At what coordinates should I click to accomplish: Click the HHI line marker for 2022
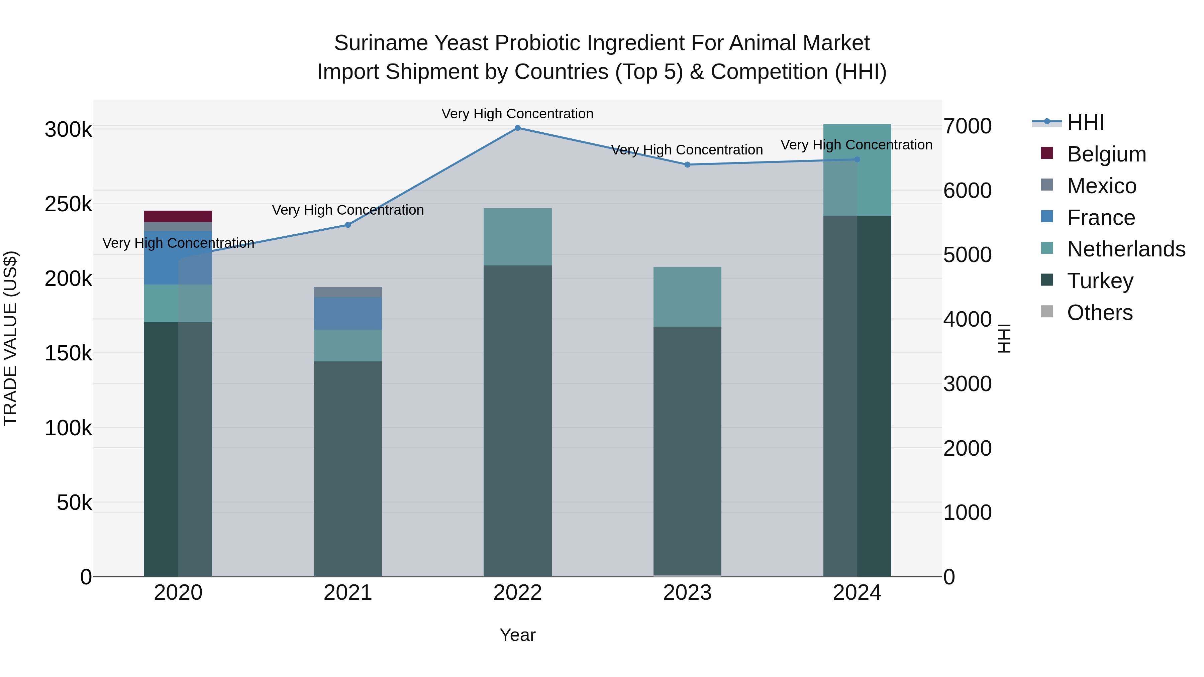click(517, 128)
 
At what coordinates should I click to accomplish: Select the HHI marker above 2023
click(687, 165)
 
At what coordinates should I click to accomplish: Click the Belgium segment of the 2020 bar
click(178, 216)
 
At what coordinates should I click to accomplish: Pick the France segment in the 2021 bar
click(348, 314)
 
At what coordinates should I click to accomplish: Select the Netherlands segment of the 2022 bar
click(517, 237)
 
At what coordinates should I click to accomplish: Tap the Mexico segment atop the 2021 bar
click(348, 292)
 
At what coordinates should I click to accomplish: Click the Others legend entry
click(1099, 313)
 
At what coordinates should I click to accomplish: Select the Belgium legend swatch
click(1047, 153)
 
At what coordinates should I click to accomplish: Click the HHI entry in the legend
click(1085, 122)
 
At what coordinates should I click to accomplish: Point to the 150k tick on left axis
click(68, 353)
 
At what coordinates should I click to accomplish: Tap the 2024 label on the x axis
click(857, 593)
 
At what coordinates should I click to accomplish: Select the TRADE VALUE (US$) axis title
click(10, 338)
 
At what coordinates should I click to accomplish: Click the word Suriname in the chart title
click(381, 43)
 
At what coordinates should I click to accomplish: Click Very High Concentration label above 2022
click(517, 114)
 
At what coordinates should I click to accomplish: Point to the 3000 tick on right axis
click(967, 384)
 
